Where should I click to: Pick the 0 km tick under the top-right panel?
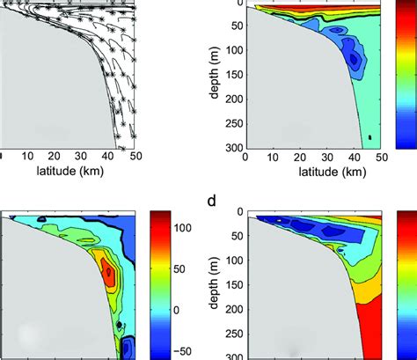pos(245,156)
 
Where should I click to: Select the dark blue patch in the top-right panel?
pos(355,61)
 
